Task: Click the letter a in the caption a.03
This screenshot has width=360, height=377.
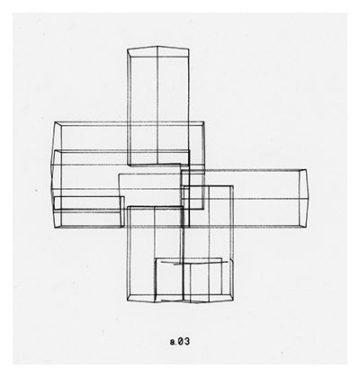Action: (173, 343)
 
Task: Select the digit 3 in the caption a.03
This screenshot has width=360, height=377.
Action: (186, 342)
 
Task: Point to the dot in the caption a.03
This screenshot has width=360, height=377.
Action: (175, 345)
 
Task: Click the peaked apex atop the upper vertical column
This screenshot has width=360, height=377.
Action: (157, 47)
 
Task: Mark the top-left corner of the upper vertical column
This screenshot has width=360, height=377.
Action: (128, 49)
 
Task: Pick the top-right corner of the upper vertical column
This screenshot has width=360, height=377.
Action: (189, 49)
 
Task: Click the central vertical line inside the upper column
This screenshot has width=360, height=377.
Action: (157, 105)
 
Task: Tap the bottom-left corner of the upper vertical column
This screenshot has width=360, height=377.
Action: (129, 165)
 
